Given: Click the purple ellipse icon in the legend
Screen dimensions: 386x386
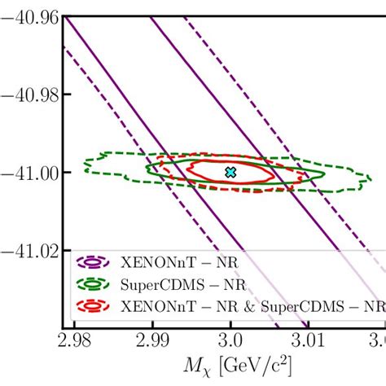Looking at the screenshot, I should (x=93, y=262).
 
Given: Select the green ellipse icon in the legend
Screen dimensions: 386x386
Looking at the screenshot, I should (x=93, y=284).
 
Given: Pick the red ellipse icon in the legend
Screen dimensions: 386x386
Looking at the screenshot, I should (x=93, y=306).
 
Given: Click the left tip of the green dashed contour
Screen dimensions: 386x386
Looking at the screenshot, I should (x=82, y=170).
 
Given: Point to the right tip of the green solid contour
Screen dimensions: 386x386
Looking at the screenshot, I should (x=324, y=173).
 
